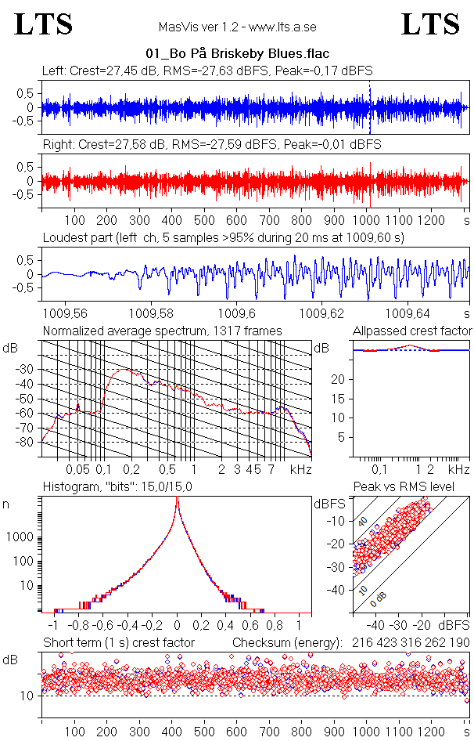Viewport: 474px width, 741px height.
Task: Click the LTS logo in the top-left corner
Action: point(44,24)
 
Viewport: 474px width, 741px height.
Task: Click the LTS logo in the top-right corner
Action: point(430,24)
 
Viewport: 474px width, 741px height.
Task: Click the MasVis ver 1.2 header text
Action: point(236,27)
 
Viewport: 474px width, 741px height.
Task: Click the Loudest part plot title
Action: point(235,237)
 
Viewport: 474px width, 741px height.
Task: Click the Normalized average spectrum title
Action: point(162,331)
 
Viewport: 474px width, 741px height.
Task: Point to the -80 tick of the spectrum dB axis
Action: point(29,443)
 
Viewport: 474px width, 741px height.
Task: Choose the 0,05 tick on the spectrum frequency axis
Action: point(78,469)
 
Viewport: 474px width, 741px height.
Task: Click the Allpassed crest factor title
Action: point(412,331)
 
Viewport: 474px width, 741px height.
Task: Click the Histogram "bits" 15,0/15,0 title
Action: point(130,488)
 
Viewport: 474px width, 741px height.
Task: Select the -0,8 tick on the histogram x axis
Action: point(77,626)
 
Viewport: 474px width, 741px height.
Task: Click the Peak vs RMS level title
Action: point(404,488)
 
